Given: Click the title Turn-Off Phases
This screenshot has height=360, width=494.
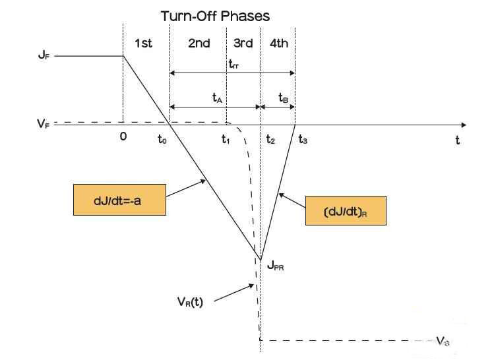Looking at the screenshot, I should pyautogui.click(x=215, y=15).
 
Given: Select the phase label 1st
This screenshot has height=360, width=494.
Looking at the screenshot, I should pyautogui.click(x=143, y=44).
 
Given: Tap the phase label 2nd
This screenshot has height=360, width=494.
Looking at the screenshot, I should pyautogui.click(x=199, y=44).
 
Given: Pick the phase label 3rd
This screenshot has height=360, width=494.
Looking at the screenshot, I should pyautogui.click(x=243, y=44).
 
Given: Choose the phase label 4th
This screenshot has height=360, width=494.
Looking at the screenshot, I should pyautogui.click(x=278, y=44).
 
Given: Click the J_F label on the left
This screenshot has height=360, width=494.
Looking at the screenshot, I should pyautogui.click(x=43, y=56).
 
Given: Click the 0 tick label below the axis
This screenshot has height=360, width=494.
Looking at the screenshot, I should pyautogui.click(x=123, y=138).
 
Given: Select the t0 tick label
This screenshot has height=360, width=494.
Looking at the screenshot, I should pyautogui.click(x=162, y=140).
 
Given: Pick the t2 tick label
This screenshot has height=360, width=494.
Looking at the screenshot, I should pyautogui.click(x=270, y=140).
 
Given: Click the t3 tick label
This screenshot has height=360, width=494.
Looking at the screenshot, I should pyautogui.click(x=303, y=140).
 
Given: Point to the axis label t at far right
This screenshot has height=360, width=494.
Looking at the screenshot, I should pyautogui.click(x=456, y=140).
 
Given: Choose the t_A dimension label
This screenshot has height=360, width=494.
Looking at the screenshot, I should pyautogui.click(x=217, y=98).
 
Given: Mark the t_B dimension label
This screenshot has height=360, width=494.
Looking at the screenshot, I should pyautogui.click(x=283, y=98).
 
